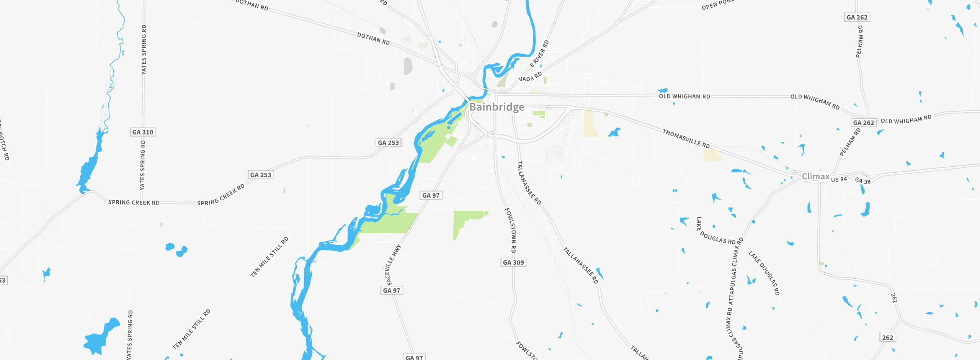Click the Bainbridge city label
[497, 107]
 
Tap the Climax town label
[815, 176]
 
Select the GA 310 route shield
[143, 132]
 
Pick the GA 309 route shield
[513, 262]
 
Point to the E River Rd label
[539, 54]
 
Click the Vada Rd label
[530, 77]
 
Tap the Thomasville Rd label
[686, 139]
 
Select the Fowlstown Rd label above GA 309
[511, 230]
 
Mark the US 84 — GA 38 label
[851, 180]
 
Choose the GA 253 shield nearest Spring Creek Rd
[260, 175]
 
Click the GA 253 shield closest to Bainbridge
[388, 142]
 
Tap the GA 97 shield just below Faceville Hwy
[392, 290]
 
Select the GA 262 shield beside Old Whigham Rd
[863, 123]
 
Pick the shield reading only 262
[887, 337]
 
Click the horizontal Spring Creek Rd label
[134, 202]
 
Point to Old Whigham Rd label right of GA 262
[906, 119]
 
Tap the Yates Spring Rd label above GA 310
[144, 50]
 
